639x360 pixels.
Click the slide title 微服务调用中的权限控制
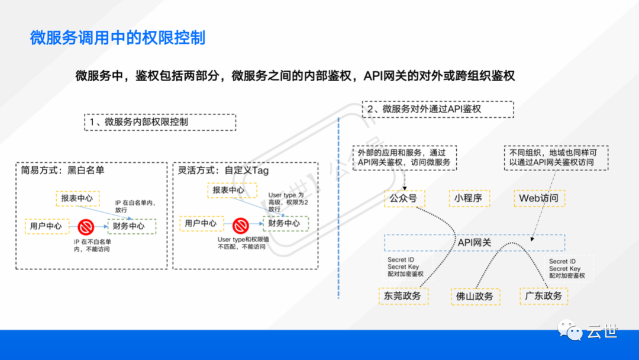118,38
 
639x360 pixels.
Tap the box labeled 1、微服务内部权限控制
160,123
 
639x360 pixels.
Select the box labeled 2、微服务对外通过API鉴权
437,109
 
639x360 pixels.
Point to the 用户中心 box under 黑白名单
46,226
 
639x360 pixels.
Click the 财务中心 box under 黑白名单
132,226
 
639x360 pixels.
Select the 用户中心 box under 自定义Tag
201,223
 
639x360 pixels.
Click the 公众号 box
401,198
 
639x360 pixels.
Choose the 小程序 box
469,198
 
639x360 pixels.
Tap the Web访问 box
538,198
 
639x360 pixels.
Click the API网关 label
475,242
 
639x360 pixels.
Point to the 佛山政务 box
475,296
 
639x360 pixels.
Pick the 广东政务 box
544,295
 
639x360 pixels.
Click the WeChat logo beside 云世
572,330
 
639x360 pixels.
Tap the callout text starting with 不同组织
549,157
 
